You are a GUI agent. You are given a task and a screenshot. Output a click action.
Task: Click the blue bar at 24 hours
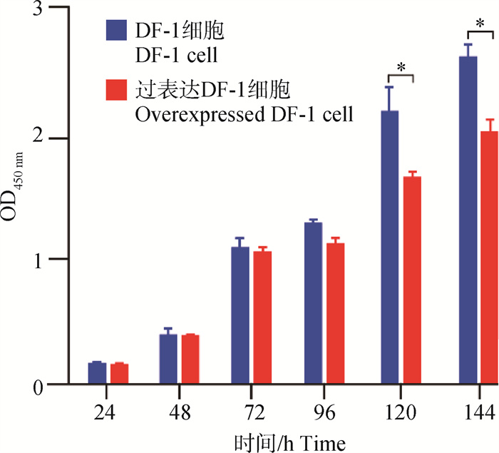(97, 373)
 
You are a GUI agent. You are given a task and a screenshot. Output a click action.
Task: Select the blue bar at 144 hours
(468, 220)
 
